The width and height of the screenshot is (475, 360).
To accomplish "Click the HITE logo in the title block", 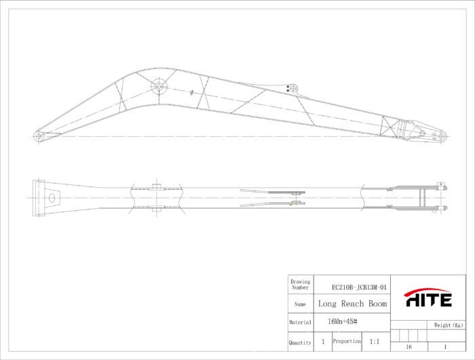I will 428,298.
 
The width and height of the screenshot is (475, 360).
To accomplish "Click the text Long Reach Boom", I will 352,304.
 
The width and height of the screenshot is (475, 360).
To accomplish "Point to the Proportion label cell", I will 346,342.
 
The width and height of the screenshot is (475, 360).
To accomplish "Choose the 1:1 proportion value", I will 375,342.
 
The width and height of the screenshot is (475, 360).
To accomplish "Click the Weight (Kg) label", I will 448,325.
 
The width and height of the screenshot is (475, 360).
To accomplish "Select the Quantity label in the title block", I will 299,343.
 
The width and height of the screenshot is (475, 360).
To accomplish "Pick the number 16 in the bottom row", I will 408,346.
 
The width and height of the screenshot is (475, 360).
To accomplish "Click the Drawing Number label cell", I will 299,284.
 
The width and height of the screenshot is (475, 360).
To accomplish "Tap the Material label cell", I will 299,323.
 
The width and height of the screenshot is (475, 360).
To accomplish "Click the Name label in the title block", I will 299,304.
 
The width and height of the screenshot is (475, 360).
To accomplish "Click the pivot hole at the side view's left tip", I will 39,136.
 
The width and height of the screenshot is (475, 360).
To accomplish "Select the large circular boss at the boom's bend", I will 159,86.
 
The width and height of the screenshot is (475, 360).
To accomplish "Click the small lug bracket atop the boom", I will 292,87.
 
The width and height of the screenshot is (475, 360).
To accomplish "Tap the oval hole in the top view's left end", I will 52,198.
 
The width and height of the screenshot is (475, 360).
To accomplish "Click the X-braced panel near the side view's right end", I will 392,127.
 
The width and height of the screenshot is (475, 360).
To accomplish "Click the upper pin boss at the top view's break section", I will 156,187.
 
